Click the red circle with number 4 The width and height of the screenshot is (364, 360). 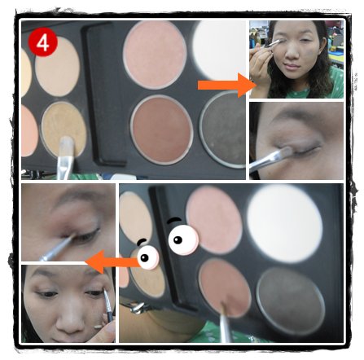(x=42, y=42)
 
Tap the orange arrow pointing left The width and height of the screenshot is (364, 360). (x=112, y=262)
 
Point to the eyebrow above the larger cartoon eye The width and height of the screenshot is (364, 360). (x=174, y=220)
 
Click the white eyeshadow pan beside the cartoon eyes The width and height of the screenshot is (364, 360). (x=285, y=223)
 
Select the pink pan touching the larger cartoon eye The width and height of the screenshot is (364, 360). (x=214, y=221)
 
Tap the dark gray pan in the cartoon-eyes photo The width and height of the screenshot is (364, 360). (x=291, y=301)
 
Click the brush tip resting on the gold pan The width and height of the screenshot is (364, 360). (x=67, y=143)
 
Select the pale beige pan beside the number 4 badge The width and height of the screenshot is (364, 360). (x=57, y=67)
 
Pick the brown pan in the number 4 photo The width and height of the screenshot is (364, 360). (x=162, y=130)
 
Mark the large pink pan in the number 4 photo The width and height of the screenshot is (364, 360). (x=155, y=55)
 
